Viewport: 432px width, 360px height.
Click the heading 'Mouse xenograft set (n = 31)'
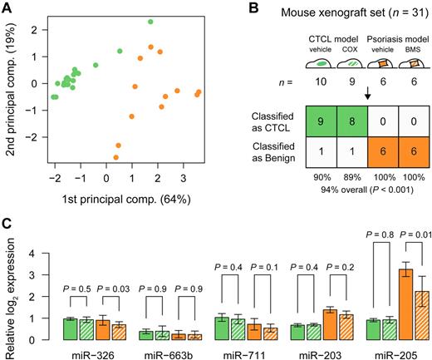tap(336, 10)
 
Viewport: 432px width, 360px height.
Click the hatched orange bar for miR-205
tap(405, 315)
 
